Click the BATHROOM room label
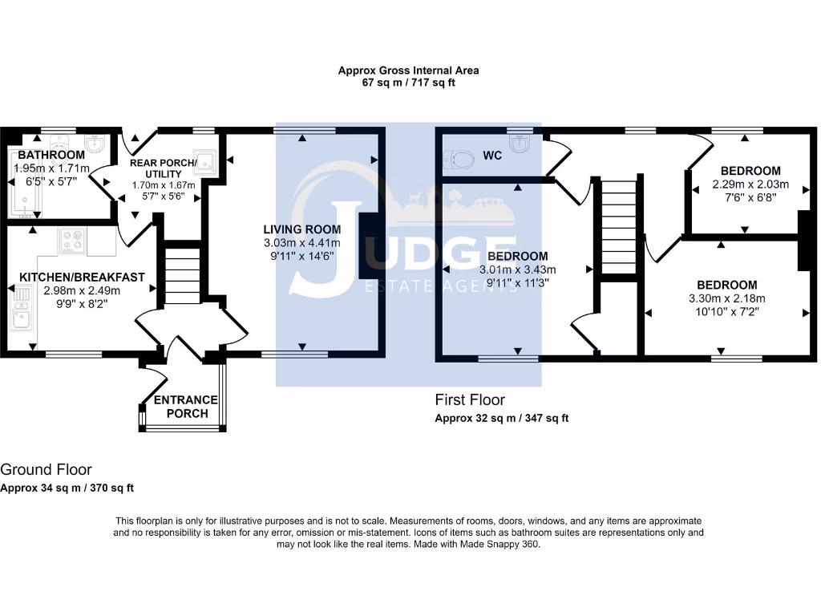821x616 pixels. click(51, 155)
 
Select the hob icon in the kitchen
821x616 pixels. click(73, 241)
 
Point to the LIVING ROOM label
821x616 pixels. click(302, 229)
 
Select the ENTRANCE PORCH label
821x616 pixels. click(186, 407)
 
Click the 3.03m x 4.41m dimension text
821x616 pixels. click(302, 242)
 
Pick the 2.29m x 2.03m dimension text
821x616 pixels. click(750, 184)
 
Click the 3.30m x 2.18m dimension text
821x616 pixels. click(726, 298)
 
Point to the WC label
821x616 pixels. click(492, 156)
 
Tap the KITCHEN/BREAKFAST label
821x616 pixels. click(83, 277)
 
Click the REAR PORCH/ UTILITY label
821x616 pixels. click(164, 168)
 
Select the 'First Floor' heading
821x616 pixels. click(470, 399)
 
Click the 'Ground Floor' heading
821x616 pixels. click(46, 469)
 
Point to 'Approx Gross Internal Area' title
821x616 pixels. click(408, 71)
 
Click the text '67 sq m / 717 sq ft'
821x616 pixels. click(408, 83)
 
